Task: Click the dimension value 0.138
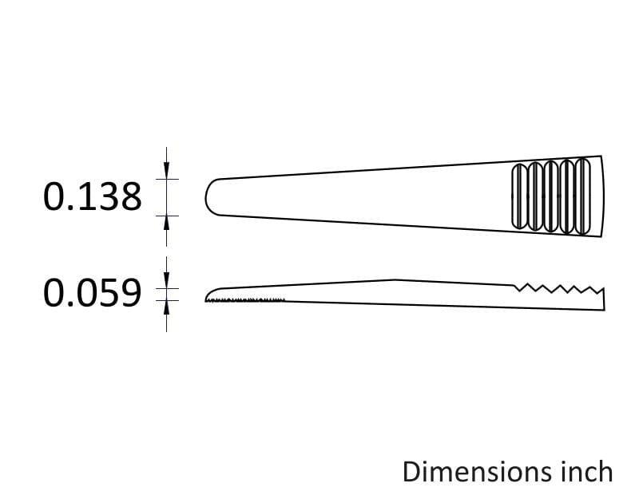pos(93,197)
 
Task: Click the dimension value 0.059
pos(93,293)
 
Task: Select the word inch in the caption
pos(588,472)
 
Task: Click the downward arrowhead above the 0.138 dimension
pos(166,170)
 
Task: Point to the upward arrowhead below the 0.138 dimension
pos(166,224)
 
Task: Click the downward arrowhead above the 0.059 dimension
pos(166,280)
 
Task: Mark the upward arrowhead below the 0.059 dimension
pos(166,309)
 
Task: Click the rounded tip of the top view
pos(206,197)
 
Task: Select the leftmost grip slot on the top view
pos(519,196)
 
